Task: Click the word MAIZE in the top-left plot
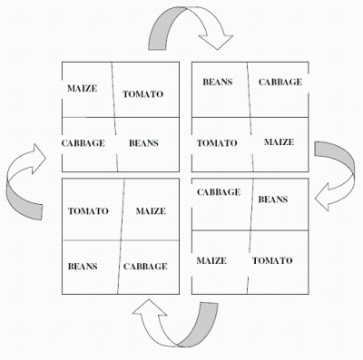(x=82, y=88)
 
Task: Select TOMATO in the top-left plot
(x=142, y=94)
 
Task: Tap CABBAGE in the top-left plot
(x=83, y=143)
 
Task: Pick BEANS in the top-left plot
(x=143, y=143)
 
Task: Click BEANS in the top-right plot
(x=218, y=82)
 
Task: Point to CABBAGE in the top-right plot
(x=280, y=82)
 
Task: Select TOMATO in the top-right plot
(x=217, y=143)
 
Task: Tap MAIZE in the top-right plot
(x=279, y=142)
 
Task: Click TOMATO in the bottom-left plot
(x=88, y=210)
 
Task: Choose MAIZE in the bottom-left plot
(x=151, y=210)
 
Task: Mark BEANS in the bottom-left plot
(x=83, y=267)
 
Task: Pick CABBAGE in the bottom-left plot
(x=145, y=267)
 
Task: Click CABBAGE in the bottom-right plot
(x=219, y=192)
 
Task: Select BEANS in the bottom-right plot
(x=273, y=199)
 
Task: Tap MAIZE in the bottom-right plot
(x=211, y=260)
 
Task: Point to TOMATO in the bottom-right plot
(x=272, y=260)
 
